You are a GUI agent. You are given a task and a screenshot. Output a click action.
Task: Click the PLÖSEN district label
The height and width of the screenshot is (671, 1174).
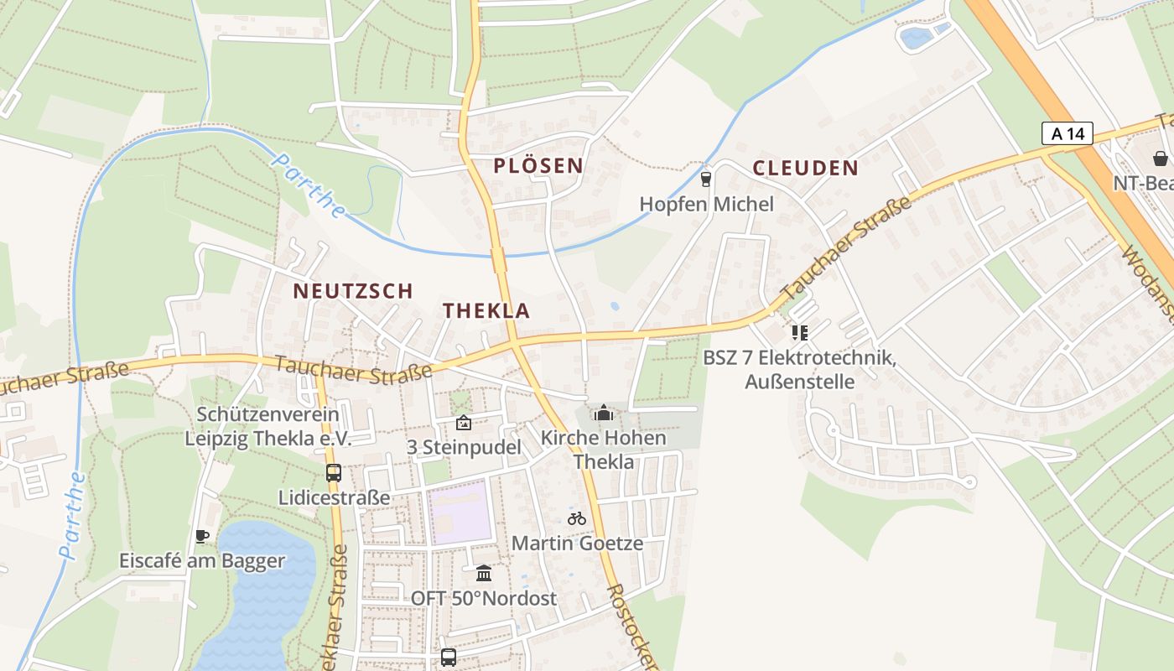tap(538, 165)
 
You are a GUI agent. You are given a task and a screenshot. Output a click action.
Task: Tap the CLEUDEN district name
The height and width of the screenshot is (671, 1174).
tap(805, 168)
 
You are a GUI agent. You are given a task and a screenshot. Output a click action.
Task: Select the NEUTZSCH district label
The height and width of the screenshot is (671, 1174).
tap(352, 291)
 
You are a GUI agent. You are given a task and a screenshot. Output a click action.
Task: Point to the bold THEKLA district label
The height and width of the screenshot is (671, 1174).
tap(486, 310)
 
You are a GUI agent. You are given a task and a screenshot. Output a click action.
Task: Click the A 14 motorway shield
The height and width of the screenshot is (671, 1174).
tap(1068, 133)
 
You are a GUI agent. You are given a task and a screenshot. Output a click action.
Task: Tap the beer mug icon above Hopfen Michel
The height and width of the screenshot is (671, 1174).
tap(706, 179)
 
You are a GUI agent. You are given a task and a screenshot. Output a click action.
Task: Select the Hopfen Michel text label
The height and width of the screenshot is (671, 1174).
tap(706, 204)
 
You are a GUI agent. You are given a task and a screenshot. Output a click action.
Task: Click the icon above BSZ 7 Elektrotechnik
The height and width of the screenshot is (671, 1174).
tap(799, 333)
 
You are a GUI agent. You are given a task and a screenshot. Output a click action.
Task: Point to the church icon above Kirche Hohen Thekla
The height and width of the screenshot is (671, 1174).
tap(603, 413)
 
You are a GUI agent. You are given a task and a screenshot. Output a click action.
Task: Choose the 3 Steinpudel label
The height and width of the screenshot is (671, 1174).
tap(464, 447)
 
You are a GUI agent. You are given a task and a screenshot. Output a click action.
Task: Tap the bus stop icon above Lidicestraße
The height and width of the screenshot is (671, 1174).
tap(334, 472)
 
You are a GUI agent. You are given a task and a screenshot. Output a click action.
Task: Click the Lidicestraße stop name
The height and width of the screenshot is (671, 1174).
tap(334, 497)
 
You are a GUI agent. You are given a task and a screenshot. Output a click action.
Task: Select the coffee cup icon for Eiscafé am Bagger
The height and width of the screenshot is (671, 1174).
tap(201, 536)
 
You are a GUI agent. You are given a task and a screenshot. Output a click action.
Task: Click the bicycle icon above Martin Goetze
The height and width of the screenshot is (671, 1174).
tap(577, 518)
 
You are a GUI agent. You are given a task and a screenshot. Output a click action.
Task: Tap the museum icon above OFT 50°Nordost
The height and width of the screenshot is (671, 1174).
tap(484, 574)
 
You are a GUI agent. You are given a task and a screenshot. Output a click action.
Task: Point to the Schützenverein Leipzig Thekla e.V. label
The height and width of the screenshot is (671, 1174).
tap(268, 426)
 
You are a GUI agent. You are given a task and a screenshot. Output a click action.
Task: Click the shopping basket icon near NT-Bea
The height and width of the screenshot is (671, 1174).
tap(1160, 158)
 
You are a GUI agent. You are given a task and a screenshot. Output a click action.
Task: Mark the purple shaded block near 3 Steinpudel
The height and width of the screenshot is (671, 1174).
tap(459, 512)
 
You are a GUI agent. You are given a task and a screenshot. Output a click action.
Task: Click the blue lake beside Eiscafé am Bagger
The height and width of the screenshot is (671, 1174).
tap(260, 596)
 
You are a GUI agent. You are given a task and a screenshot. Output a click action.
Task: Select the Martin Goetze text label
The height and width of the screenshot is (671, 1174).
tap(577, 543)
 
